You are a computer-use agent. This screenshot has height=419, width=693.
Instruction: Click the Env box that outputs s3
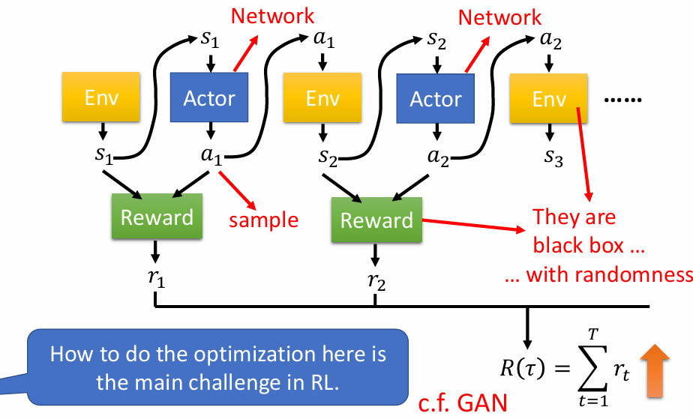click(x=548, y=98)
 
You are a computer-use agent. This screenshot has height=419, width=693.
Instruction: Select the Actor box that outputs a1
click(x=209, y=97)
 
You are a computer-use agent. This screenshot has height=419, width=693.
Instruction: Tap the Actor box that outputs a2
click(x=435, y=98)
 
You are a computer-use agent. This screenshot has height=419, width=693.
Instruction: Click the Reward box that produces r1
click(x=157, y=217)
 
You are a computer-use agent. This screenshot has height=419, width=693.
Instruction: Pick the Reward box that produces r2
click(x=376, y=220)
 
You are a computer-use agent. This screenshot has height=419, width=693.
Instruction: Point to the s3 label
click(x=553, y=157)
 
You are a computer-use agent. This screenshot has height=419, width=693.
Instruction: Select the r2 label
click(x=376, y=281)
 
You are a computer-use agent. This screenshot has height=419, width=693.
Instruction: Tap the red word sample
click(x=263, y=220)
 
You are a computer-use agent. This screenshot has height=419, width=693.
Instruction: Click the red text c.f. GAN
click(x=463, y=403)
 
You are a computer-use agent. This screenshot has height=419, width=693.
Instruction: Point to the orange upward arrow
click(x=655, y=371)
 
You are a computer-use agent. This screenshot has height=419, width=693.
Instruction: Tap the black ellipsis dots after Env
click(x=622, y=100)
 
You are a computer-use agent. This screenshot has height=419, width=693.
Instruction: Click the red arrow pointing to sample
click(x=237, y=190)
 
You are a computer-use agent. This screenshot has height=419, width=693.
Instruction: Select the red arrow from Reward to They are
click(x=474, y=225)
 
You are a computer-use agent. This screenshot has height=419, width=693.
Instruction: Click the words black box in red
click(x=578, y=246)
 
